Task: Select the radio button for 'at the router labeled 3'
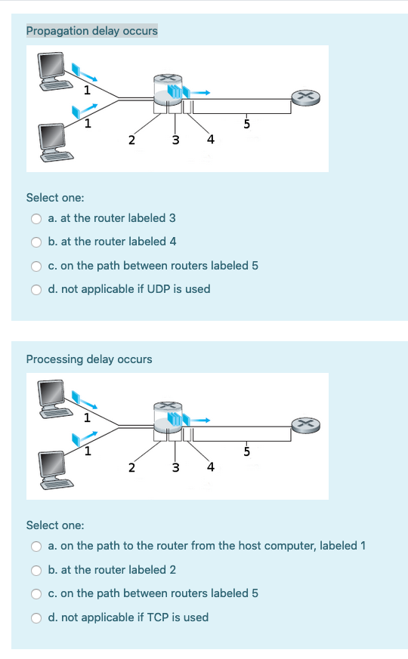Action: pos(36,219)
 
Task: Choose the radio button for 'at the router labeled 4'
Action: pos(36,242)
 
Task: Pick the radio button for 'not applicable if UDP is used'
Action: pos(36,289)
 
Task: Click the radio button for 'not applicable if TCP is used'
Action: pos(36,617)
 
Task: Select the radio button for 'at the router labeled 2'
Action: pos(36,570)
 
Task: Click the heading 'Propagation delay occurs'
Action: pos(91,31)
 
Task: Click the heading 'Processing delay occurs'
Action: pos(88,359)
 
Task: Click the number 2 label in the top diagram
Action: pos(131,140)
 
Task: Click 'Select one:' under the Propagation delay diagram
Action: pos(55,198)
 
